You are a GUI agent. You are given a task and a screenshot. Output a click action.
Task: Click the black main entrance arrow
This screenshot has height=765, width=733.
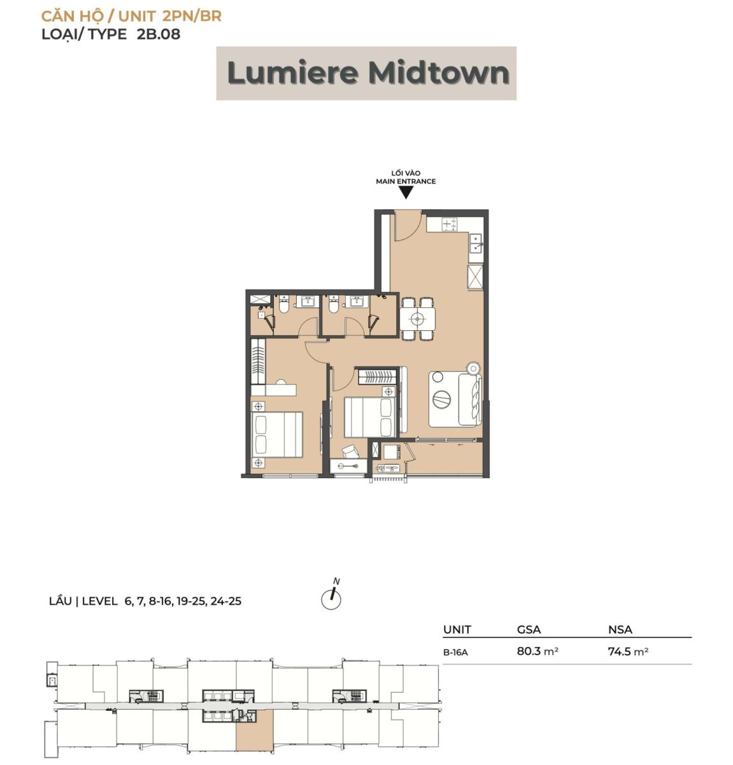click(x=406, y=193)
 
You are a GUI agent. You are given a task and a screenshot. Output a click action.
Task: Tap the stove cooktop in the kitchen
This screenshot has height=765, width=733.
click(x=450, y=224)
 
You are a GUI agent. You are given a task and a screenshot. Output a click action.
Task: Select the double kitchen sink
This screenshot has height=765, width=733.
click(x=476, y=244)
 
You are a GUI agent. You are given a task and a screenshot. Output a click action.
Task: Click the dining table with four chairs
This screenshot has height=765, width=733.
click(x=417, y=318)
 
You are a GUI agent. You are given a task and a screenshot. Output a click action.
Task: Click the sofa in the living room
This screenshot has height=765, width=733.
click(x=470, y=400)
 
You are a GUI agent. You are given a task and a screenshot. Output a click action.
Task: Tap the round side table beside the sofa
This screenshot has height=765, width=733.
click(x=473, y=368)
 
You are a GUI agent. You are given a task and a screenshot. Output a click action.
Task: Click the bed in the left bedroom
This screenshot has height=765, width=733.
click(x=277, y=434)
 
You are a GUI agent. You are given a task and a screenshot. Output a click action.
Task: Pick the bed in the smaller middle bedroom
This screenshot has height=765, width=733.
click(x=370, y=417)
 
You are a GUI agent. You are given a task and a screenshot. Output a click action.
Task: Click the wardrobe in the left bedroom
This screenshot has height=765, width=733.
click(x=259, y=361)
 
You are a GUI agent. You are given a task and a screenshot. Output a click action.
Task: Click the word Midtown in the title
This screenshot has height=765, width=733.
click(x=439, y=73)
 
